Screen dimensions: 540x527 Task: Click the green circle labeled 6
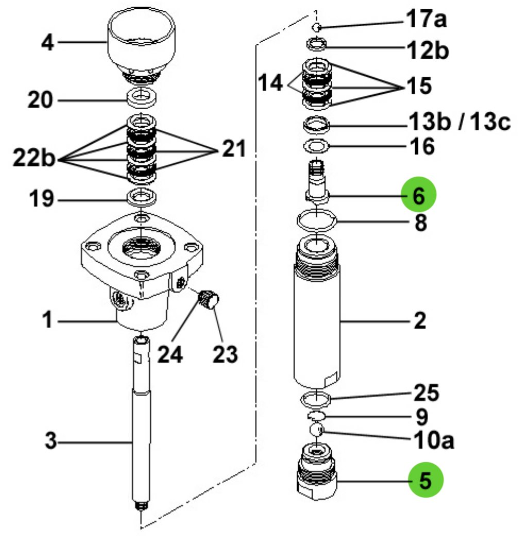(418, 195)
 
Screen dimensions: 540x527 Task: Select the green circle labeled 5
(426, 481)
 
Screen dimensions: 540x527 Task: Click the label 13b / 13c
(459, 123)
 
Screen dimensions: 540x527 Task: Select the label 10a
(433, 441)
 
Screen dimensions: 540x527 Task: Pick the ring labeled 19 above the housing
(142, 196)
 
